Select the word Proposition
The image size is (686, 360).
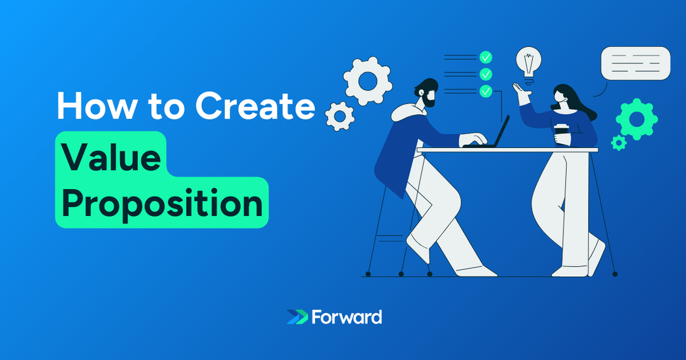tap(162, 203)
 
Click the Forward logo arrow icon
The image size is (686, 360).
tap(297, 317)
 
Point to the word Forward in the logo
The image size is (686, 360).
tap(347, 317)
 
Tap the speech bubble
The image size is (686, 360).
tap(635, 63)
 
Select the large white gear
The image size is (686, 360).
tap(367, 80)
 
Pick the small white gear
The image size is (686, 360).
tap(340, 116)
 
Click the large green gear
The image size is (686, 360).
tap(636, 119)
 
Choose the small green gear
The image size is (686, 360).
tap(618, 142)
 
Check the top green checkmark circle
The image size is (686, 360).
tap(486, 57)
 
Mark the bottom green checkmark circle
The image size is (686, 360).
tap(486, 91)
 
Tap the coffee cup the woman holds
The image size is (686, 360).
tap(560, 135)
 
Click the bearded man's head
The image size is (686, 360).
tap(426, 93)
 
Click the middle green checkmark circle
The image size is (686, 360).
tap(486, 74)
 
